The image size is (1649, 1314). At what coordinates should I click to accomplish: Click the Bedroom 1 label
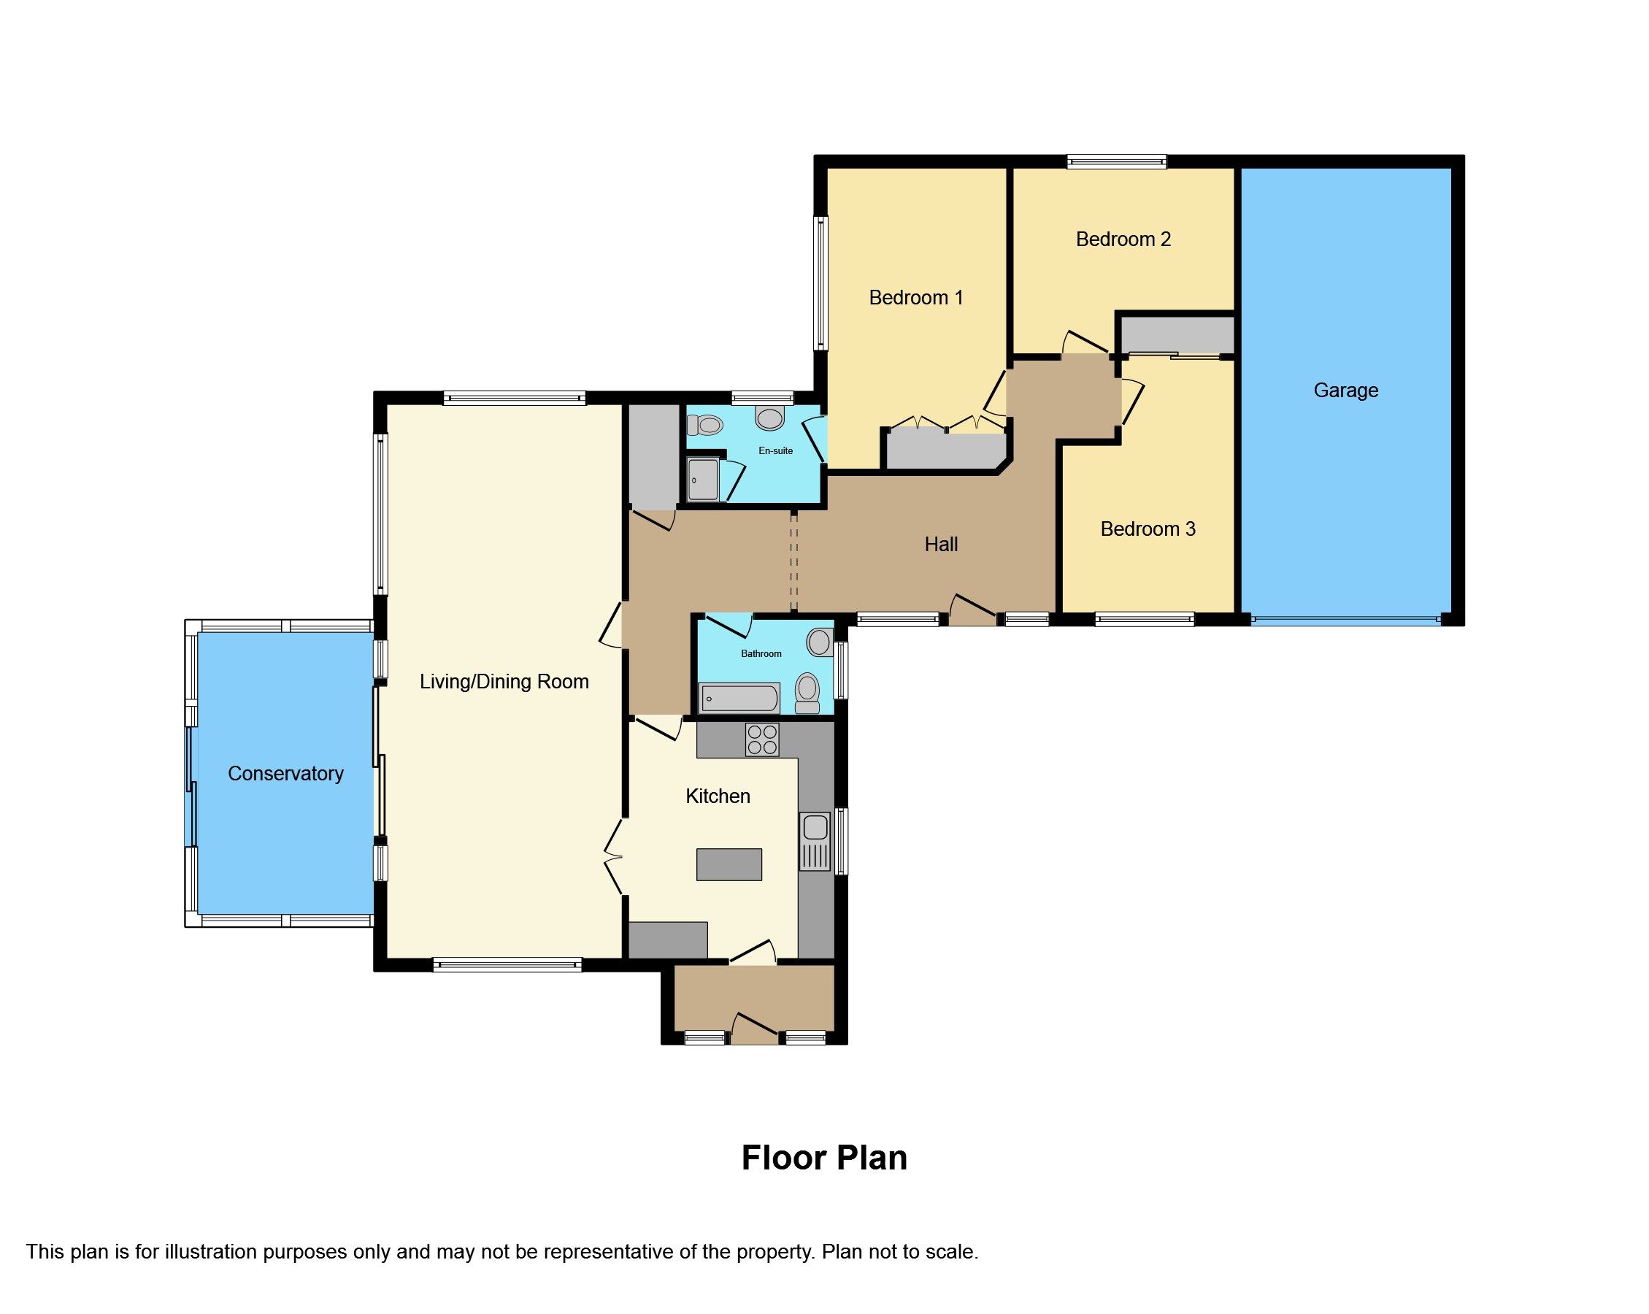click(915, 298)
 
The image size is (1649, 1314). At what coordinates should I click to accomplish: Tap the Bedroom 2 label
click(1123, 239)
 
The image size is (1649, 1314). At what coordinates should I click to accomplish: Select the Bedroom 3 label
click(1148, 529)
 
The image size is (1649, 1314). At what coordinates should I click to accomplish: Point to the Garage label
click(1345, 390)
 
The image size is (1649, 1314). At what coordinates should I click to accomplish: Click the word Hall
click(941, 545)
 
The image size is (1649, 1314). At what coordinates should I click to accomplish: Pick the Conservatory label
click(285, 773)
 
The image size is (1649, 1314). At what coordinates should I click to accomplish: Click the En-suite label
click(775, 450)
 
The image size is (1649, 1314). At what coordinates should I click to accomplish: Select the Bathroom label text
click(761, 653)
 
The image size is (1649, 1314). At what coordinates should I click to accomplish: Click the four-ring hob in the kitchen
click(762, 739)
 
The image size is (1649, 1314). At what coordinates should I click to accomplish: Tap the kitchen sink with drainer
click(815, 842)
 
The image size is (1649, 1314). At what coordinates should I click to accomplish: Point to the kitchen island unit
click(729, 864)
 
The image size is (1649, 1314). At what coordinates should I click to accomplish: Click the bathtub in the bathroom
click(739, 699)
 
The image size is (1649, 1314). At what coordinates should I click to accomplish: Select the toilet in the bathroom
click(807, 693)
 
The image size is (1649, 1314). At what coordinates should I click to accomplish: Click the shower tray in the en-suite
click(703, 480)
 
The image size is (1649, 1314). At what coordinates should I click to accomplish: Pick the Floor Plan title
click(825, 1157)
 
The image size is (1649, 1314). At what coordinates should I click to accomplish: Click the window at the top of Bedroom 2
click(1117, 161)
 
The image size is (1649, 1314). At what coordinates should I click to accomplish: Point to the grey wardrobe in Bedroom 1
click(946, 450)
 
